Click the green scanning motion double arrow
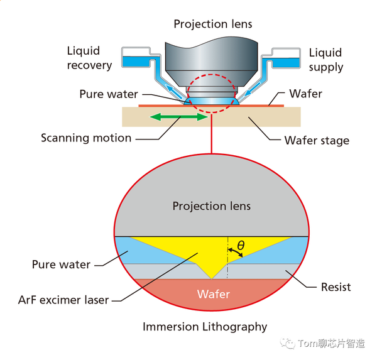pos(179,117)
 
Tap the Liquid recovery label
pos(89,58)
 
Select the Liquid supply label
pos(325,60)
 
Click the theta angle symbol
pos(241,246)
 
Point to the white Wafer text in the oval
pos(214,294)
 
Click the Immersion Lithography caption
pos(205,327)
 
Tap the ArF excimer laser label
pos(63,300)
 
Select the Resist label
pos(336,287)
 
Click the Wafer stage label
pos(317,140)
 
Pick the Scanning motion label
pos(86,138)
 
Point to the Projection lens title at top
pos(213,24)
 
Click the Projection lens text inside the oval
pos(212,206)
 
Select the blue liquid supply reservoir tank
pos(286,63)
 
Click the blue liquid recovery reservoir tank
pos(136,62)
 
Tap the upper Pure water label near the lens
pos(109,94)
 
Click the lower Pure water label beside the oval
pos(61,265)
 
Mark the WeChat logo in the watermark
pos(287,343)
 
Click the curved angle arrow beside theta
pos(236,251)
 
